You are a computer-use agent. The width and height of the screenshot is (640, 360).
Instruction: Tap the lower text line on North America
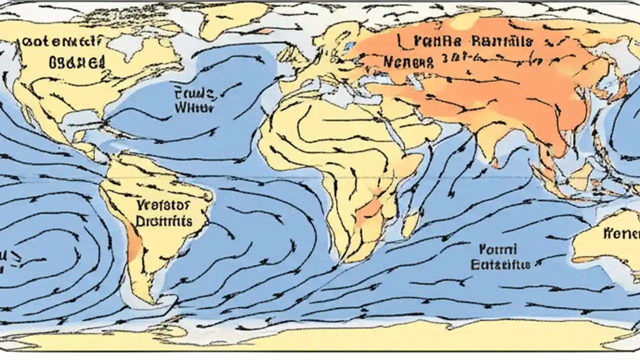pyautogui.click(x=77, y=62)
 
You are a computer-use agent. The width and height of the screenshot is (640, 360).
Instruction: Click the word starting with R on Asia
pyautogui.click(x=500, y=42)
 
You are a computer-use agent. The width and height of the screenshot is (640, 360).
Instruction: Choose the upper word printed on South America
pyautogui.click(x=162, y=204)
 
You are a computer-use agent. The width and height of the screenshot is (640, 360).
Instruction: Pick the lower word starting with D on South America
pyautogui.click(x=164, y=220)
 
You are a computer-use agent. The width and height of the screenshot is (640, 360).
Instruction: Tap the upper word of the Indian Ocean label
pyautogui.click(x=497, y=248)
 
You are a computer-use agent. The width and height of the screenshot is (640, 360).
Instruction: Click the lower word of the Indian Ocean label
pyautogui.click(x=500, y=264)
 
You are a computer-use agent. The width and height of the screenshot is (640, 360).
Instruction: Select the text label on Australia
pyautogui.click(x=621, y=233)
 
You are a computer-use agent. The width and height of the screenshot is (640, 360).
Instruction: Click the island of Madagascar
pyautogui.click(x=411, y=223)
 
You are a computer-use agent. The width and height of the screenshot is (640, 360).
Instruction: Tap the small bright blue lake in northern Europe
pyautogui.click(x=349, y=46)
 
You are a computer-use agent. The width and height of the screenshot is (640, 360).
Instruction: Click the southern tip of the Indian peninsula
pyautogui.click(x=495, y=162)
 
